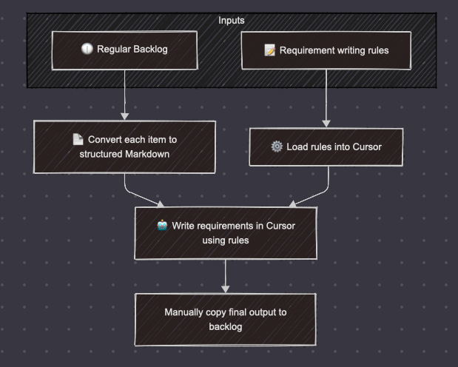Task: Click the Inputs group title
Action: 231,21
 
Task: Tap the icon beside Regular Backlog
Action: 87,49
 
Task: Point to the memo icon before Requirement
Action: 270,51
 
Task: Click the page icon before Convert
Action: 78,139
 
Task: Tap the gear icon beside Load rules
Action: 277,147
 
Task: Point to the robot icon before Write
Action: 162,226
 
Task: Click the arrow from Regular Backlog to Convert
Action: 124,96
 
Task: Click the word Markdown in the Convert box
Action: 146,154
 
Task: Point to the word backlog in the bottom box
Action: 226,326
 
